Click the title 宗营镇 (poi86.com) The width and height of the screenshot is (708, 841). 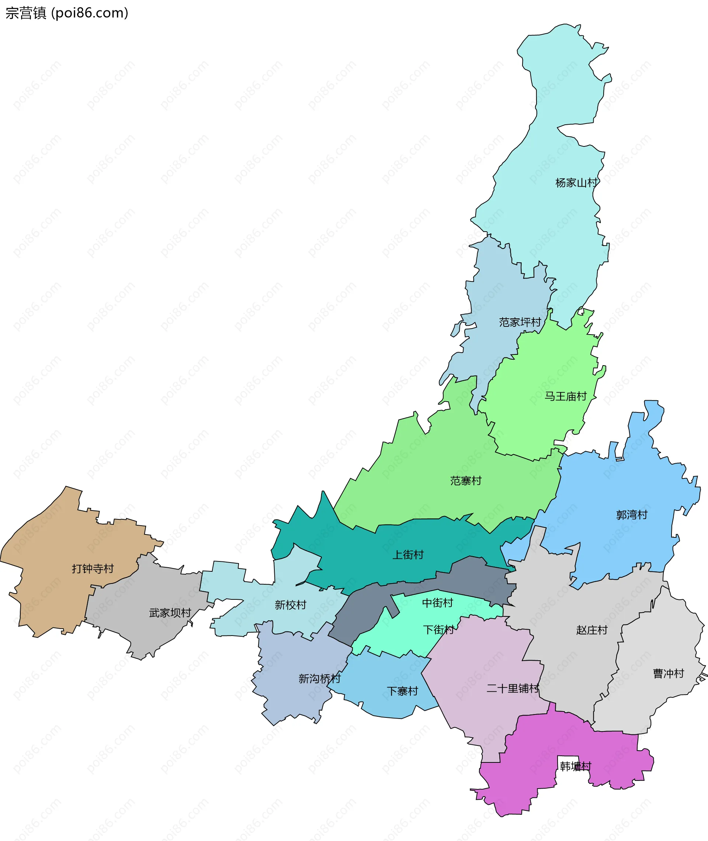tap(67, 13)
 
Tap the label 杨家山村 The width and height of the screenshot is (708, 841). tap(576, 183)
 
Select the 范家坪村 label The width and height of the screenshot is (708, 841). tap(520, 322)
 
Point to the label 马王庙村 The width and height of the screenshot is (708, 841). tap(565, 396)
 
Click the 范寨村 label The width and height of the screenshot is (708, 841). tap(466, 481)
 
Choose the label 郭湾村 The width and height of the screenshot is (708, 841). tap(632, 515)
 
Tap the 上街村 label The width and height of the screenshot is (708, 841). tap(408, 555)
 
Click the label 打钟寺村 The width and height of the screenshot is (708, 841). tap(93, 568)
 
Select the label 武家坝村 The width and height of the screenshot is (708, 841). tap(170, 613)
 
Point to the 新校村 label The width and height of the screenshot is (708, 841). tap(290, 605)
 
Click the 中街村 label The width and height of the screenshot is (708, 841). tap(437, 603)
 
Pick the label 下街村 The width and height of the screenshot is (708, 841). tap(439, 629)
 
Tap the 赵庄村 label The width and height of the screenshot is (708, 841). tap(591, 630)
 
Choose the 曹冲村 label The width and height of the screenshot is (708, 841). tap(668, 673)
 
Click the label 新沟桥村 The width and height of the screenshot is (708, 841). tap(319, 678)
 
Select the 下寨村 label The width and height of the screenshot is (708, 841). tap(402, 691)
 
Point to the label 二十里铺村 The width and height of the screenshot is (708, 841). tap(513, 688)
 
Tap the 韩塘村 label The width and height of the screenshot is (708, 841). tap(576, 766)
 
